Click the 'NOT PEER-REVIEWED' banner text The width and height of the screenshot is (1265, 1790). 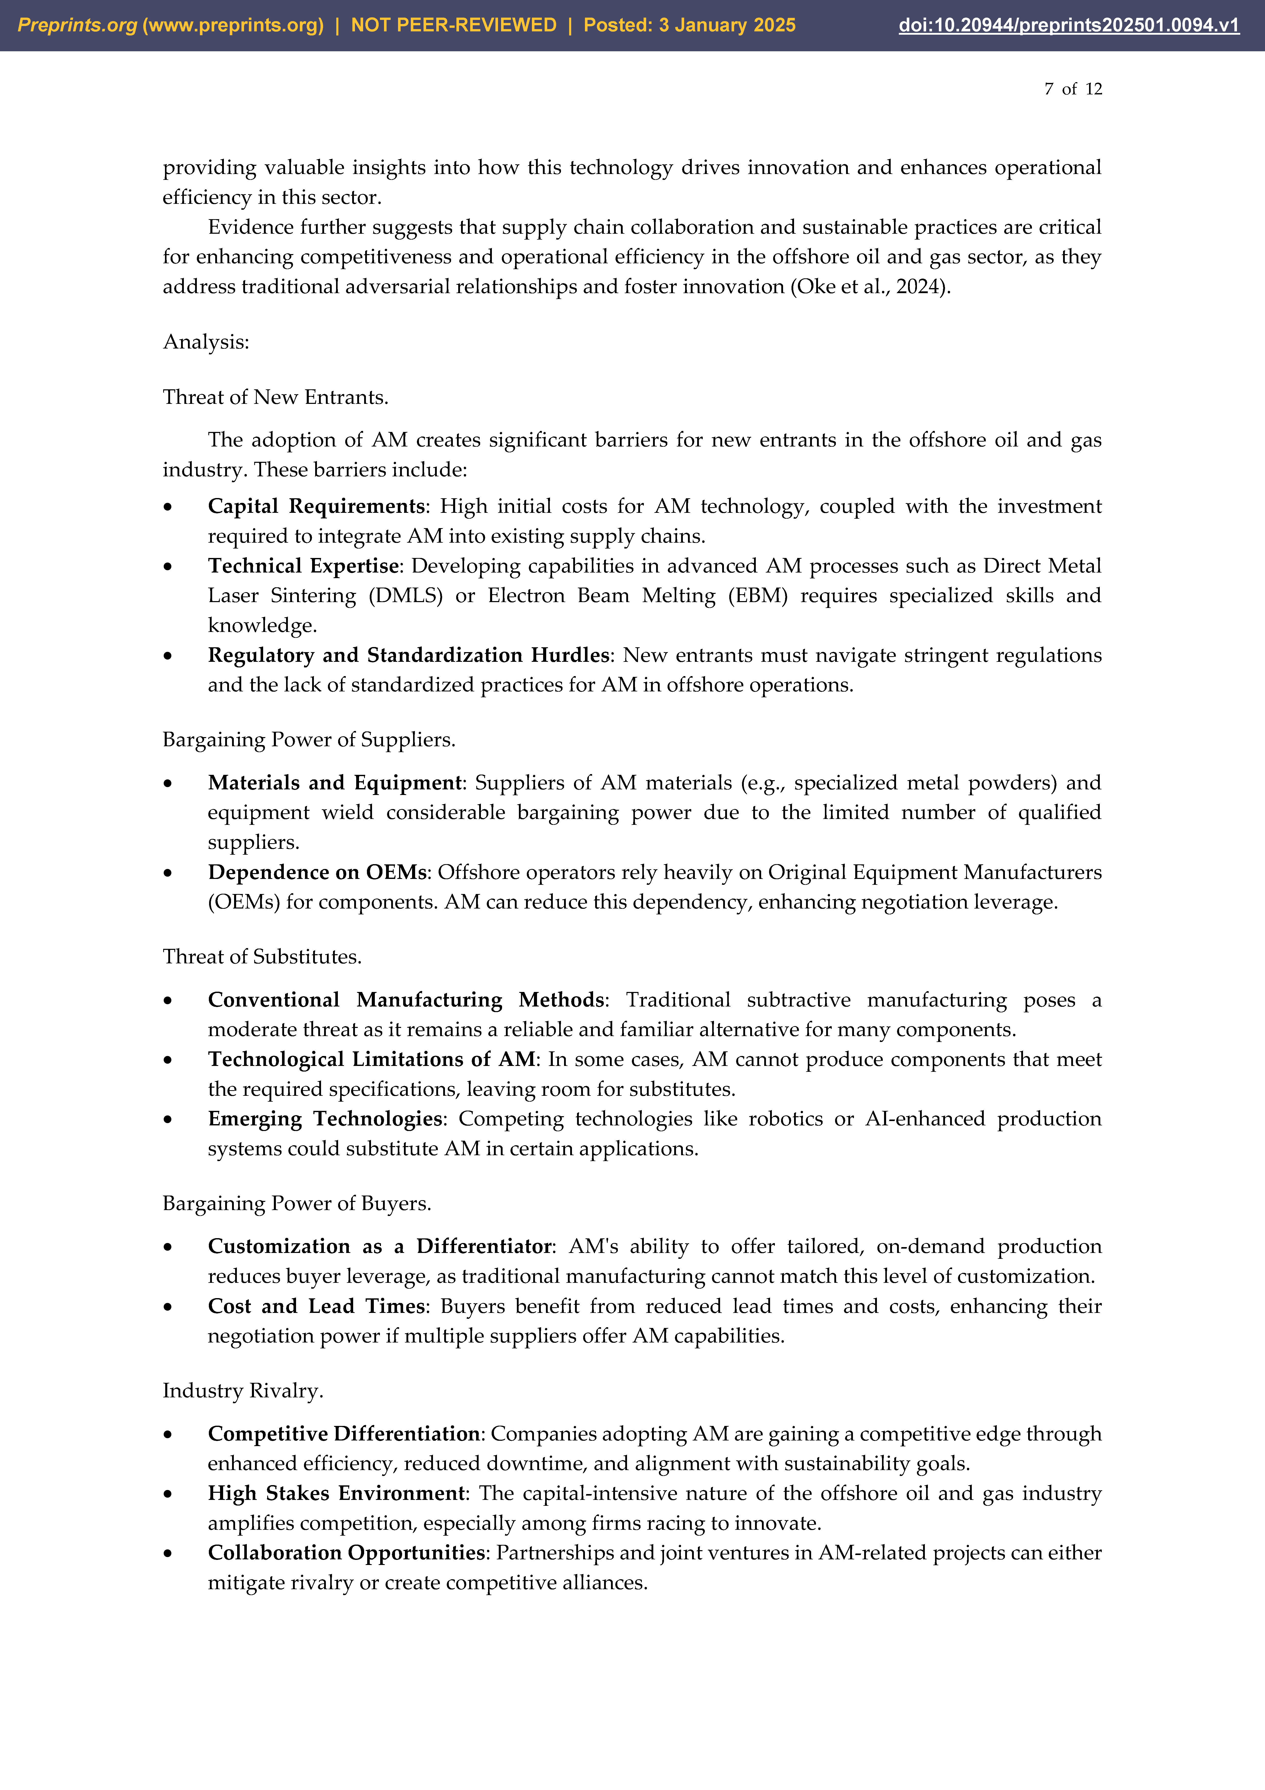tap(454, 25)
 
